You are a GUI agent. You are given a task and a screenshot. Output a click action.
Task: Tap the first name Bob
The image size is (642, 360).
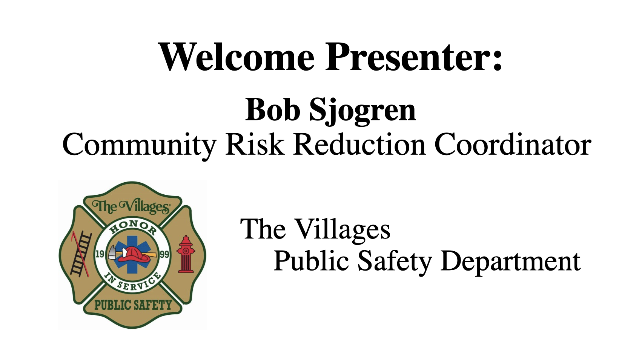tap(273, 110)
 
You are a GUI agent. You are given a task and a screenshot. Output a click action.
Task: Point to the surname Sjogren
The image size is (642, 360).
tap(362, 112)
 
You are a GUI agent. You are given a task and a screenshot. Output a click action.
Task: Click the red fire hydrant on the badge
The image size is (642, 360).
tap(186, 254)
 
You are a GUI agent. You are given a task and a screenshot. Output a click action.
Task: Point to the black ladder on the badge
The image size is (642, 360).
tap(81, 254)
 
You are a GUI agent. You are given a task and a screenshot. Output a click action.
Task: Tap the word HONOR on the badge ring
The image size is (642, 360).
tap(132, 227)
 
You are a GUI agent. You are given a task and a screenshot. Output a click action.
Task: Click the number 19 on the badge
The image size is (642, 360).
tap(100, 254)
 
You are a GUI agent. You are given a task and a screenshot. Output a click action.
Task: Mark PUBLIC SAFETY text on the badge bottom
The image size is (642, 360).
tap(133, 305)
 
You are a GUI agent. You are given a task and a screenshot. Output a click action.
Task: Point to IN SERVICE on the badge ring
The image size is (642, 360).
tap(132, 282)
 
